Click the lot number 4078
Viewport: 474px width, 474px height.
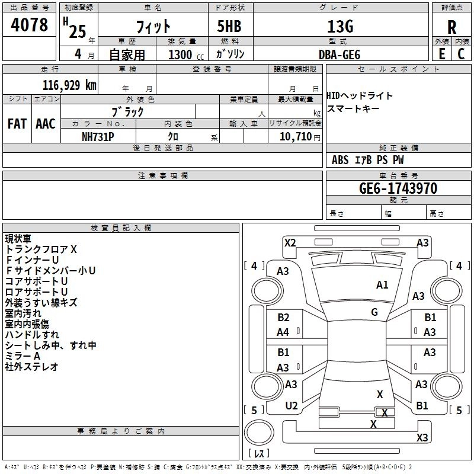tap(29, 24)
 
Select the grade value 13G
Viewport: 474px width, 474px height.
tap(340, 26)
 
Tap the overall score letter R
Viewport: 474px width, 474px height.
tap(451, 27)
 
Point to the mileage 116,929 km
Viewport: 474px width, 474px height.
tap(69, 85)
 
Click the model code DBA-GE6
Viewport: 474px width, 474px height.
tap(340, 55)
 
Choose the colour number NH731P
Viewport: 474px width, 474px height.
tap(98, 137)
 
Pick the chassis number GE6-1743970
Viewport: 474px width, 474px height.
tap(398, 188)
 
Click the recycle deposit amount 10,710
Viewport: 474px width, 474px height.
tap(295, 137)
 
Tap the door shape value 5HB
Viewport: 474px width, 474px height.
tap(229, 26)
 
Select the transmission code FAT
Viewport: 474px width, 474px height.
tap(17, 124)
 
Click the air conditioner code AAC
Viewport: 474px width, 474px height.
tap(46, 124)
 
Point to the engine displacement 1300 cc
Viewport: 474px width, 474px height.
tap(186, 55)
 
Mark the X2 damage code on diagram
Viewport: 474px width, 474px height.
tap(290, 243)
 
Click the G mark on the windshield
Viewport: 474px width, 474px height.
tap(374, 312)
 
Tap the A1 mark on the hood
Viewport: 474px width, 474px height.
tap(382, 285)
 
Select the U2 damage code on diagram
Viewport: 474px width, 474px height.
tap(292, 406)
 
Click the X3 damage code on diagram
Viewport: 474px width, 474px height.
tap(422, 437)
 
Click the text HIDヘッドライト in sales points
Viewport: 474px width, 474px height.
tap(360, 96)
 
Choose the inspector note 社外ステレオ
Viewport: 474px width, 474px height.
tap(31, 367)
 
